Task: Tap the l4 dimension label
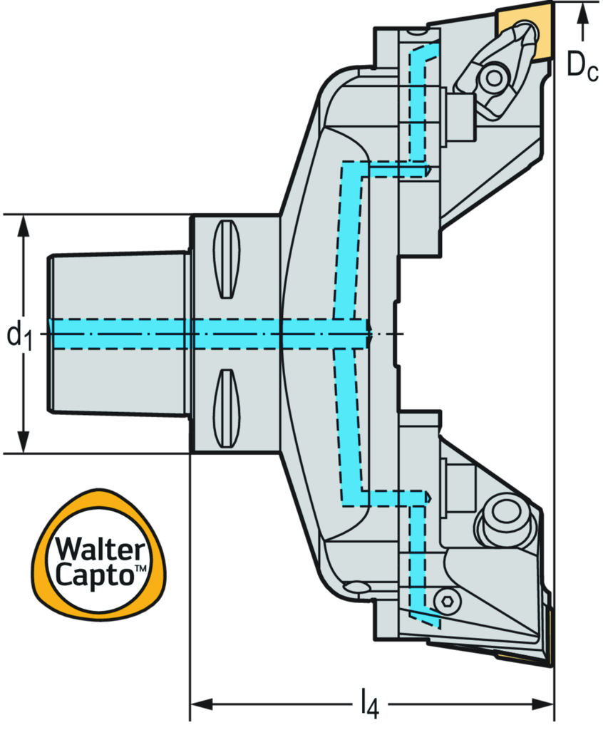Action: (370, 704)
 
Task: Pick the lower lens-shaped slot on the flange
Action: (226, 408)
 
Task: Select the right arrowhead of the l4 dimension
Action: (543, 704)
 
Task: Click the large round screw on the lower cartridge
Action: (502, 516)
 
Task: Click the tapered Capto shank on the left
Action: (119, 334)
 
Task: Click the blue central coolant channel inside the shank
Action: (210, 334)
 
